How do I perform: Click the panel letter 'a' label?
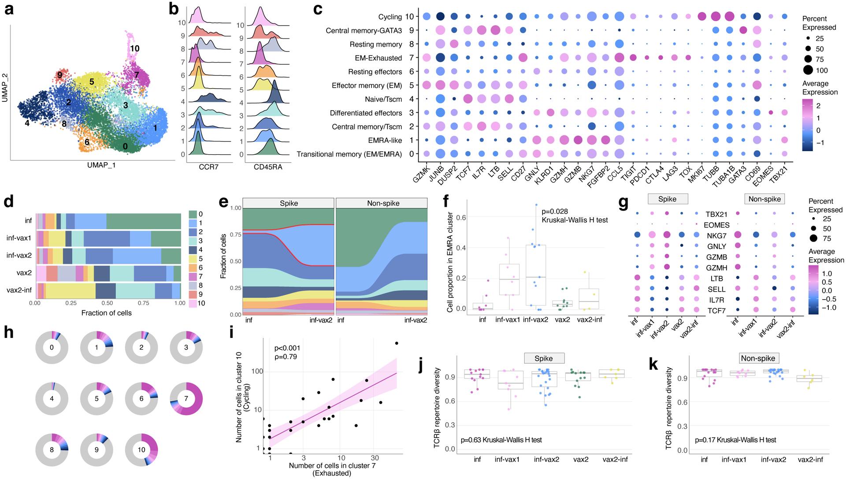pyautogui.click(x=9, y=10)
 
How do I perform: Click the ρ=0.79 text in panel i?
pyautogui.click(x=286, y=357)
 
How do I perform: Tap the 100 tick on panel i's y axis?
pyautogui.click(x=257, y=371)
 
